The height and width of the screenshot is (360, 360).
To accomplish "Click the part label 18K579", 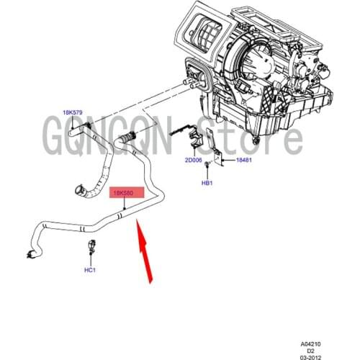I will [72, 113].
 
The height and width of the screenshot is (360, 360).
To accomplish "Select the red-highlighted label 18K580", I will [127, 194].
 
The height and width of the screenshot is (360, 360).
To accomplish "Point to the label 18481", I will [246, 161].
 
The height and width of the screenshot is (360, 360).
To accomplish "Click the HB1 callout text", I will [207, 183].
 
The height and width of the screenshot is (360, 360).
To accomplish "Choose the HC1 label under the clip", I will [90, 270].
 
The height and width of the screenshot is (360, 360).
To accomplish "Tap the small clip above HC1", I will [91, 249].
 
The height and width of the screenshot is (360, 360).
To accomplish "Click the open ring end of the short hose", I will [78, 192].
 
